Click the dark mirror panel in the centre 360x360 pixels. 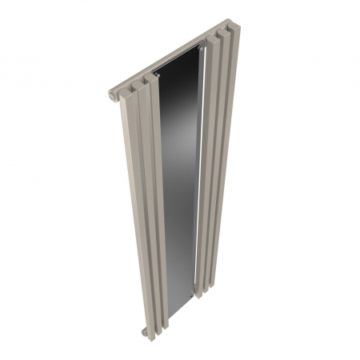(x=180, y=184)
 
